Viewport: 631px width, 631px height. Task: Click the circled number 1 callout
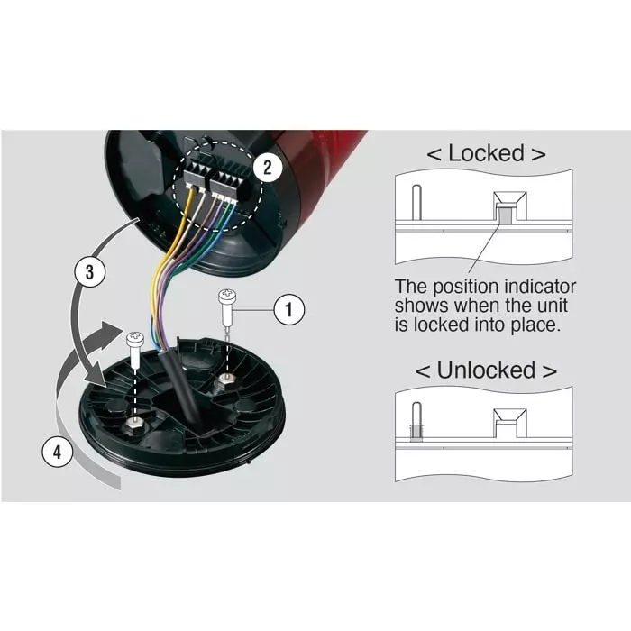coord(288,310)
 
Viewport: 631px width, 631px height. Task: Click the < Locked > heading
coord(485,153)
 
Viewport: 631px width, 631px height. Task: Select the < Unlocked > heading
coord(485,370)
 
